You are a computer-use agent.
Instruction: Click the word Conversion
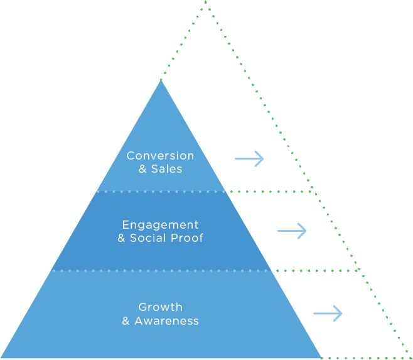[x=160, y=156]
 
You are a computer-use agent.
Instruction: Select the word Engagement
[x=160, y=225]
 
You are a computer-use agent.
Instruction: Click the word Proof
[x=186, y=238]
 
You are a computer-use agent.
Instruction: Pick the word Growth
[x=160, y=307]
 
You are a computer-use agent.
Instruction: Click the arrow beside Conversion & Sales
[x=249, y=159]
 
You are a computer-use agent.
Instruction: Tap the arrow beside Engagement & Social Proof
[x=292, y=231]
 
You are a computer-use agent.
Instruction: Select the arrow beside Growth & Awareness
[x=328, y=313]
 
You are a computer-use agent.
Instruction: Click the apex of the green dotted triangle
[x=206, y=3]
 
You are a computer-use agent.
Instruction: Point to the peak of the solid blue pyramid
[x=161, y=81]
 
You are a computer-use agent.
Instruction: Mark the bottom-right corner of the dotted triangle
[x=410, y=357]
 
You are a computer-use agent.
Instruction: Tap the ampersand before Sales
[x=142, y=169]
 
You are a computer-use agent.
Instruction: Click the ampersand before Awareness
[x=126, y=321]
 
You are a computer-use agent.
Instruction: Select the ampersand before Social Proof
[x=121, y=238]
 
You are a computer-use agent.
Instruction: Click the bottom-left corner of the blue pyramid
[x=3, y=357]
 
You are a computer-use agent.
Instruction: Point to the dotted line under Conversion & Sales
[x=161, y=191]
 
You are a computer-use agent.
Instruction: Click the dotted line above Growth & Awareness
[x=161, y=271]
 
